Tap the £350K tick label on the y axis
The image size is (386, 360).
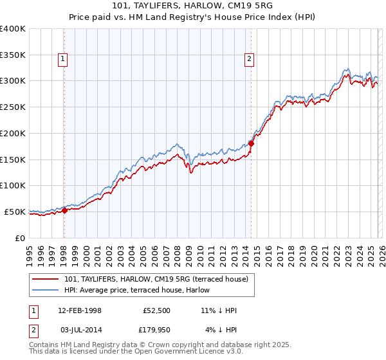[13, 55]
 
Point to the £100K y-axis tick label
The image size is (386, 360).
[13, 185]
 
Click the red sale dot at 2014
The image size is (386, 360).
[251, 143]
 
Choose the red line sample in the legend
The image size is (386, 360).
[46, 278]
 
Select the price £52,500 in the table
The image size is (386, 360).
[156, 310]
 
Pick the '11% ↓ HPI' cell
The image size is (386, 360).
[219, 310]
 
